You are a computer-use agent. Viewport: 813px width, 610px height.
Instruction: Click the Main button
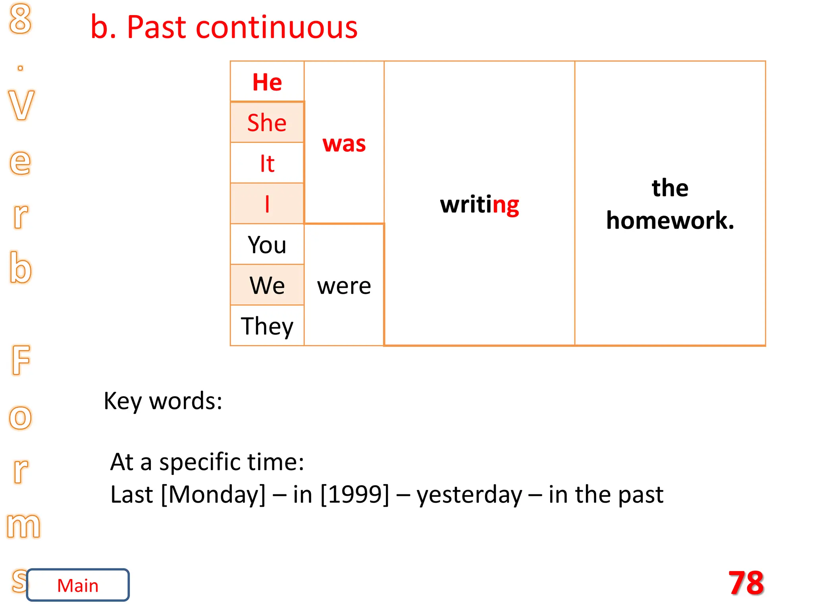[78, 585]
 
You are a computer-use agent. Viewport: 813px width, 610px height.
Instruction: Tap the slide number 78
[746, 583]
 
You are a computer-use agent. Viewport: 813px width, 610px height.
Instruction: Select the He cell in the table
[267, 82]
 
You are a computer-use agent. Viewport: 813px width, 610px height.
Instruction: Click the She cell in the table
[267, 122]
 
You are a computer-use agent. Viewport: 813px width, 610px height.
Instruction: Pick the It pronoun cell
[267, 163]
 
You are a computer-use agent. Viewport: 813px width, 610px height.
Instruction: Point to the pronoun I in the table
[267, 204]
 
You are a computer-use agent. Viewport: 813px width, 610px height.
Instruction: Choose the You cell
[267, 245]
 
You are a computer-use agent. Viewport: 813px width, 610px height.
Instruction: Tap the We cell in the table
[267, 285]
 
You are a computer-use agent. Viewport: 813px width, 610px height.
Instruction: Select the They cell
[267, 326]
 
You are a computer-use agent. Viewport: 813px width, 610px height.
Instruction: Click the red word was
[344, 143]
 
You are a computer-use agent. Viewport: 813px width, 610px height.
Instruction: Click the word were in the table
[344, 286]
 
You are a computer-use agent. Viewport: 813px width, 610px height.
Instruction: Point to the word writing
[480, 205]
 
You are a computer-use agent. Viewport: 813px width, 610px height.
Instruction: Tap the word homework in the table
[670, 220]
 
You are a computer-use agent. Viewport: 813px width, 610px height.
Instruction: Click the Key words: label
[163, 401]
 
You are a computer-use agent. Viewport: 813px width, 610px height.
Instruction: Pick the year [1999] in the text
[355, 494]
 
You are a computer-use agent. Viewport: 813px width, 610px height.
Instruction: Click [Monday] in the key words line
[213, 494]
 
